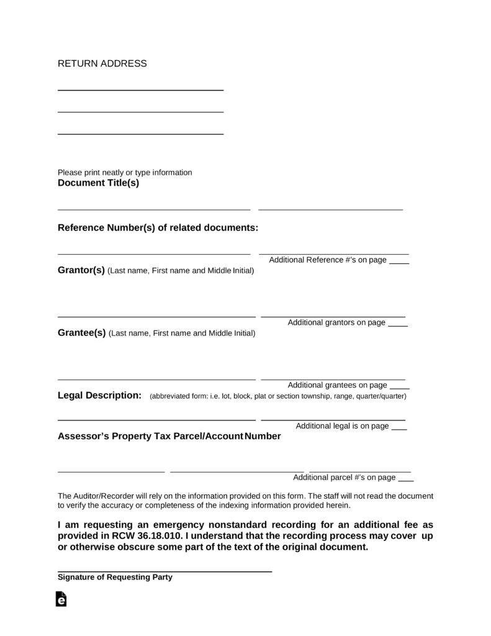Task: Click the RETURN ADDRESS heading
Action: point(102,63)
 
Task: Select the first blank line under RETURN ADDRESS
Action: point(140,89)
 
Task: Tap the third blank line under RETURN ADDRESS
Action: point(140,133)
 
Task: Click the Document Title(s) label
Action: point(98,183)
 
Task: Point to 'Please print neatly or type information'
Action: point(125,172)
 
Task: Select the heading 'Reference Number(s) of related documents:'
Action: point(158,228)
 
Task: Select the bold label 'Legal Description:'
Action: point(99,396)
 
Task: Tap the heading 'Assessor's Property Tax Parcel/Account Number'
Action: point(169,436)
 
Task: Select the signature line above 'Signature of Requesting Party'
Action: point(164,570)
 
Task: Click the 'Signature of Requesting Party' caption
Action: point(115,577)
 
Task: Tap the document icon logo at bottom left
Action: point(61,599)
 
